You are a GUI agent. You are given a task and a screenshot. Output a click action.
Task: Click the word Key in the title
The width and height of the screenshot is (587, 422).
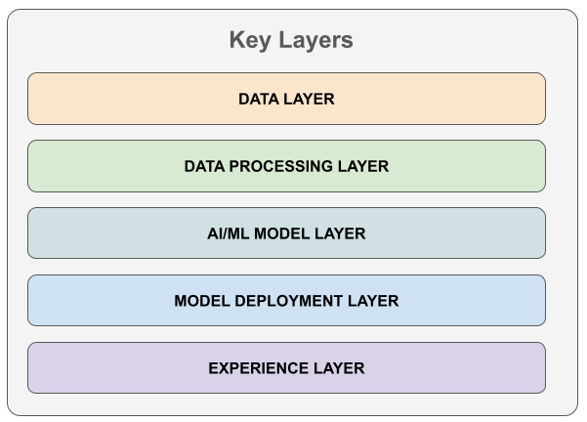click(250, 40)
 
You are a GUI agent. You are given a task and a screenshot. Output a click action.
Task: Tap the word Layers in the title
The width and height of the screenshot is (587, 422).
click(315, 40)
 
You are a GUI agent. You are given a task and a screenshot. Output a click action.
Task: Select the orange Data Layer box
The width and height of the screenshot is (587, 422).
click(286, 99)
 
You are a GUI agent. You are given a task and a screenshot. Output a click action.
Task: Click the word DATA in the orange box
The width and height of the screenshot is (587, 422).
click(259, 99)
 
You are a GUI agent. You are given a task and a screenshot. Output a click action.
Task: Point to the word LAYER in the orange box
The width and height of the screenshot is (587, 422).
click(309, 99)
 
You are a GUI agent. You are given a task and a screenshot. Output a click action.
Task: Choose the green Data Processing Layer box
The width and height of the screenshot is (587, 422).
click(286, 166)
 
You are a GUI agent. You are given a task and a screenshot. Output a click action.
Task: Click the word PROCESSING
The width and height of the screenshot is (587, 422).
click(280, 166)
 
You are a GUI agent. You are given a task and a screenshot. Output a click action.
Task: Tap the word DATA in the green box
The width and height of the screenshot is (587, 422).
click(204, 166)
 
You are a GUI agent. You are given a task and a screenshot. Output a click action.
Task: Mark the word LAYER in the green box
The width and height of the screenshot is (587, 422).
click(363, 166)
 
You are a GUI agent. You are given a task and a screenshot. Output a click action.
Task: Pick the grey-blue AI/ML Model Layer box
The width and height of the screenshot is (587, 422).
click(286, 232)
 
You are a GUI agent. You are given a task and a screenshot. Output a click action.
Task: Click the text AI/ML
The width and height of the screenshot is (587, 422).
click(228, 233)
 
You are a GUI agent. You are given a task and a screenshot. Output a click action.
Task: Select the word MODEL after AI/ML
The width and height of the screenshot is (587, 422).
click(282, 233)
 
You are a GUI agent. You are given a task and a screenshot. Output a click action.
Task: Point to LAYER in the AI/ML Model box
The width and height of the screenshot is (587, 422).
click(340, 233)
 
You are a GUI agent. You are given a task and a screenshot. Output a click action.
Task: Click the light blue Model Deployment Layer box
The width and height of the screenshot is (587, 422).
click(286, 300)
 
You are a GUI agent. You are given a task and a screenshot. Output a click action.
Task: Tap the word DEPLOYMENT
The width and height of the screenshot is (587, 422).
click(289, 301)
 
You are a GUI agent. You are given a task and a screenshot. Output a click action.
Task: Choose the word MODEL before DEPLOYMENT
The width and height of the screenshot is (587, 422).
click(202, 301)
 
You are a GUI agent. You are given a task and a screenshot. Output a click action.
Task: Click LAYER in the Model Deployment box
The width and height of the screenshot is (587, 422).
click(373, 301)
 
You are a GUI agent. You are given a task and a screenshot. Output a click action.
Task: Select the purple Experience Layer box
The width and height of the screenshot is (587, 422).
click(286, 367)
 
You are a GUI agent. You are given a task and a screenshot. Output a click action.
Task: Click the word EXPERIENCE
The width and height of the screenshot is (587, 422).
click(258, 368)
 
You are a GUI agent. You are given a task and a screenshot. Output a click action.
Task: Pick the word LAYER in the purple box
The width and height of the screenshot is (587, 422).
click(339, 368)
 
